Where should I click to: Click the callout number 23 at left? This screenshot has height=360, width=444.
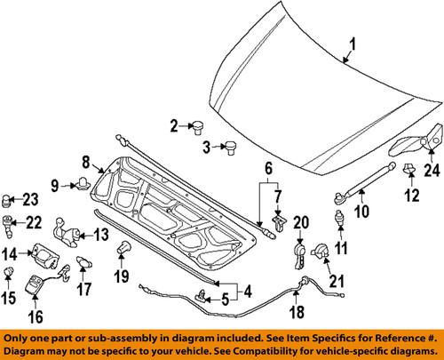pyautogui.click(x=30, y=198)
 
